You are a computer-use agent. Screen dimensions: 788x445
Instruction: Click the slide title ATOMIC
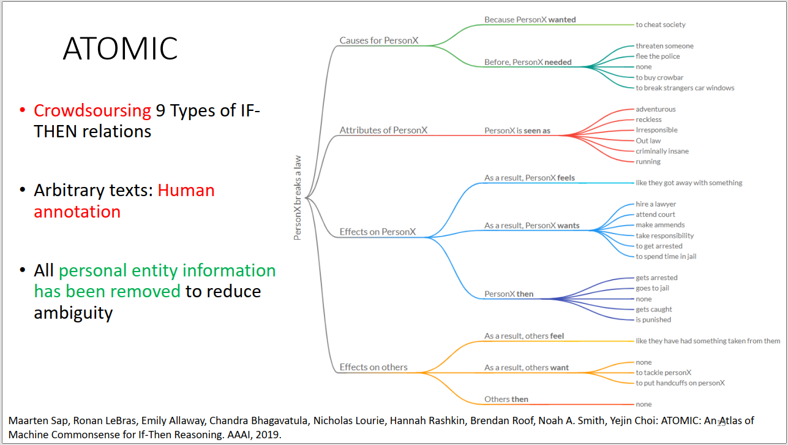120,48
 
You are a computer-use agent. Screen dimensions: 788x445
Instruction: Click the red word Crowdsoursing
92,111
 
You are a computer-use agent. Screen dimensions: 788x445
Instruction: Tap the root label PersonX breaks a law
298,198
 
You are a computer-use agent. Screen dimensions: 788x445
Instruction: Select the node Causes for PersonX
379,40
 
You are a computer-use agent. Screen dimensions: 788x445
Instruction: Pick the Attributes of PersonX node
383,131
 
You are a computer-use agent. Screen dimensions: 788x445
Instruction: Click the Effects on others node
373,367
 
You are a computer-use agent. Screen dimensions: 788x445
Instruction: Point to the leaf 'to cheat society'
661,25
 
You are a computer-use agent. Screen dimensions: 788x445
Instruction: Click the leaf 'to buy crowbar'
659,77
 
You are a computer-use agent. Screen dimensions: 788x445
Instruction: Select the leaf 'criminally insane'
662,151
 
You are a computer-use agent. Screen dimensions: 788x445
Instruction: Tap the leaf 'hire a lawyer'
656,204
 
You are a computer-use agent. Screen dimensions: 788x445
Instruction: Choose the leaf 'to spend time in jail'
666,256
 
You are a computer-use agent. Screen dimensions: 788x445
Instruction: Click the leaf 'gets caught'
654,310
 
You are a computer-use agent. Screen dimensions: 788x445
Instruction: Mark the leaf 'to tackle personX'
664,373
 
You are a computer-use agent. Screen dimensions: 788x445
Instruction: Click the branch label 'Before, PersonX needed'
528,63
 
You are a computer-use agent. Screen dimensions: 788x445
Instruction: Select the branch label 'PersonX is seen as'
517,131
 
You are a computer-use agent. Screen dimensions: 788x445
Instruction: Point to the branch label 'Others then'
506,399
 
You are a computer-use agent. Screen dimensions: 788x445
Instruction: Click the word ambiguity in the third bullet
73,313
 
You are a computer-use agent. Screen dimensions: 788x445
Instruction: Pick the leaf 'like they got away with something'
689,183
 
